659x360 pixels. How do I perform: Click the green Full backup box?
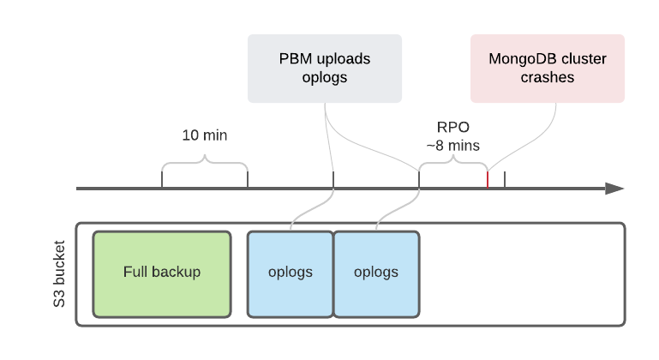pos(162,273)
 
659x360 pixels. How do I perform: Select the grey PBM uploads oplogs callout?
pos(325,69)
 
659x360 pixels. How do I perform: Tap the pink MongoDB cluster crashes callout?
pos(548,69)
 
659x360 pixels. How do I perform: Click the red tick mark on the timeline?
pos(488,180)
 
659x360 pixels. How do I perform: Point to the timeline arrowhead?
pos(614,189)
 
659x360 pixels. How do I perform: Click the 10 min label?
pos(205,135)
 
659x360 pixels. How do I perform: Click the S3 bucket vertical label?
pos(45,274)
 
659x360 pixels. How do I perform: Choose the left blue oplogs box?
pos(291,273)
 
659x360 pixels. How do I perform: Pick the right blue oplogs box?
pos(376,273)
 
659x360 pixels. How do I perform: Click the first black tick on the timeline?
pos(162,180)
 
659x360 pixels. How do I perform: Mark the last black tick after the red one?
pos(505,180)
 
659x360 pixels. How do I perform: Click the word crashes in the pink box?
pos(548,77)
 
